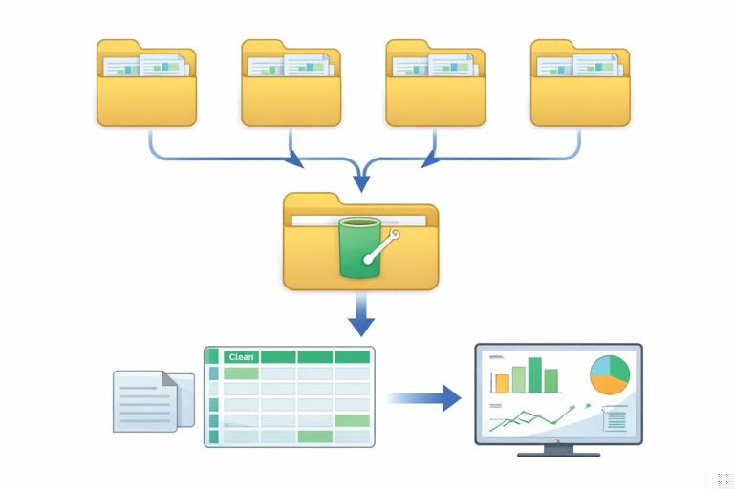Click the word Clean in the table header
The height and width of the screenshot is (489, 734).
point(241,357)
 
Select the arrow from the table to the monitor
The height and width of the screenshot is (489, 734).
point(424,396)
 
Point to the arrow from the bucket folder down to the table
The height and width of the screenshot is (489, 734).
point(360,315)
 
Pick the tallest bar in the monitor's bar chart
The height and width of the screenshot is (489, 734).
point(535,374)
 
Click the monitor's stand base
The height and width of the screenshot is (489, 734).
point(558,452)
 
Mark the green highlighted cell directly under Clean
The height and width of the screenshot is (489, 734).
point(241,373)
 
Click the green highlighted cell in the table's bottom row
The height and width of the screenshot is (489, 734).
point(314,436)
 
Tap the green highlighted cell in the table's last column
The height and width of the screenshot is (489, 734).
point(352,420)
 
